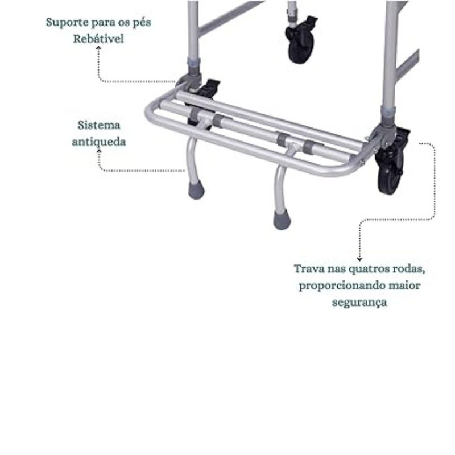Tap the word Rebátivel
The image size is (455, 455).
click(x=98, y=39)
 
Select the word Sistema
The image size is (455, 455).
click(x=99, y=125)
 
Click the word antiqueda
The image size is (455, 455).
click(x=99, y=142)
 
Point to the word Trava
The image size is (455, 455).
click(x=309, y=268)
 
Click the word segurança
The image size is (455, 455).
click(x=359, y=303)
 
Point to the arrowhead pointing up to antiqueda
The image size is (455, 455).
click(x=99, y=151)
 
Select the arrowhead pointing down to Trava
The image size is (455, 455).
click(x=359, y=259)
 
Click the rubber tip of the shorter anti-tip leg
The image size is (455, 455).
click(x=196, y=191)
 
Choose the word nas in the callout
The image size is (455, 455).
click(x=336, y=269)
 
